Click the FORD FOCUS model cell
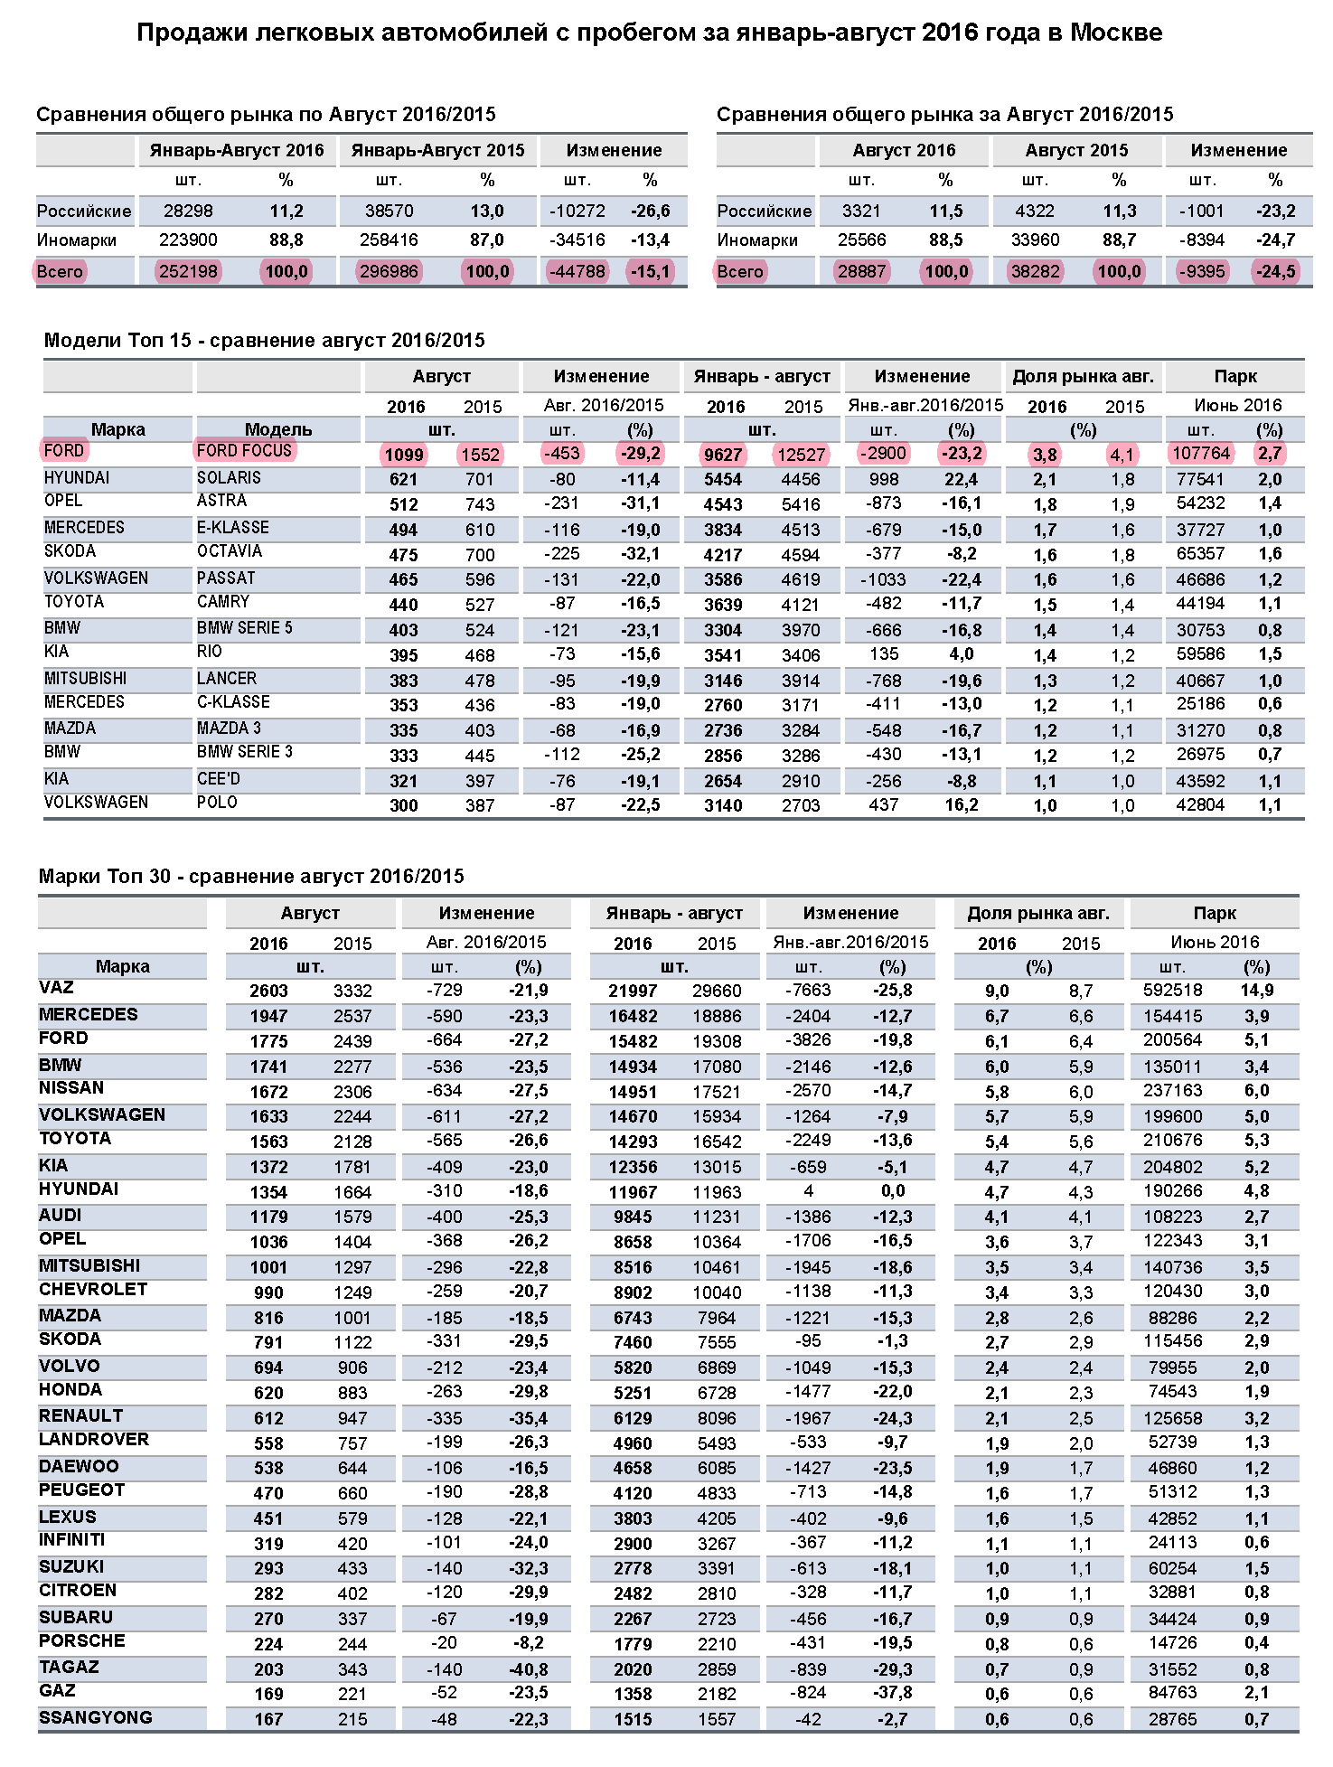pos(244,450)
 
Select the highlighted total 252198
pos(188,271)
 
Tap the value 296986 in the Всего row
pos(389,271)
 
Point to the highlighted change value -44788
pos(577,271)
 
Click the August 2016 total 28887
pos(861,271)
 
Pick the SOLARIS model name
pos(229,477)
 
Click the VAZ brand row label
pos(56,987)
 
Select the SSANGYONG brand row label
pos(95,1716)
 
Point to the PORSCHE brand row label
pos(81,1640)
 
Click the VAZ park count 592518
pos(1173,990)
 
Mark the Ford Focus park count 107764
pos(1201,453)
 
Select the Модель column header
pos(278,428)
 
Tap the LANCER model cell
pos(227,678)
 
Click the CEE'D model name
pos(219,778)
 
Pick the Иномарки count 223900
pos(188,240)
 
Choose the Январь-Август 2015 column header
pos(437,150)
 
